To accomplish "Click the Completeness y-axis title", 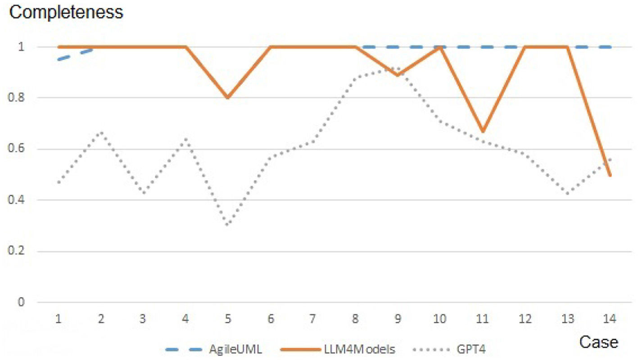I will tap(66, 13).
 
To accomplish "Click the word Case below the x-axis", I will tap(598, 342).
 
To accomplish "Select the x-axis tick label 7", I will tap(313, 319).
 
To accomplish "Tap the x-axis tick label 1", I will tap(58, 319).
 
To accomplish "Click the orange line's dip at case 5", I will tap(228, 98).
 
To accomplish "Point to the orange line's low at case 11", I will tap(482, 131).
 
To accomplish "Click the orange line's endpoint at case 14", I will tap(610, 175).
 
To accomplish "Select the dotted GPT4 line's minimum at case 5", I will tap(228, 225).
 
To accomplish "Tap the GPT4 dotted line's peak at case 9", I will tap(398, 68).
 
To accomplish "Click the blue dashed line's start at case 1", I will tap(59, 59).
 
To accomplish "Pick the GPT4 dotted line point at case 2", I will tap(101, 132).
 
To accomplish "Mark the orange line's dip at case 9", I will tap(398, 75).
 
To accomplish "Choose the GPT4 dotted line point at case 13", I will tap(568, 194).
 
